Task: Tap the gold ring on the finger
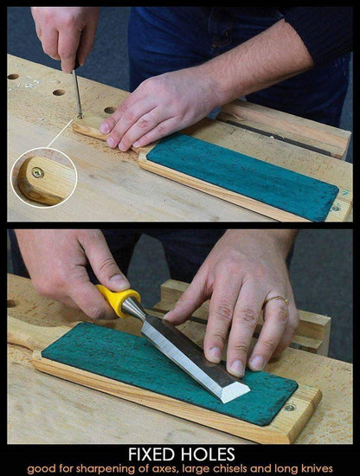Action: coord(278,299)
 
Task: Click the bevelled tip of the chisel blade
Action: coord(235,391)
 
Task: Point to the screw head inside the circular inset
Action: coord(38,173)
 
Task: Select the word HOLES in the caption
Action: coord(208,454)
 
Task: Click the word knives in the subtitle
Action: coord(318,468)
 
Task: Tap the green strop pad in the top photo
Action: coord(242,176)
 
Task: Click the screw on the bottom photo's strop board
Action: coord(290,408)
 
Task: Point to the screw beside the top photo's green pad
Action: coord(336,209)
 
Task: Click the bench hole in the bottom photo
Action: coord(11,303)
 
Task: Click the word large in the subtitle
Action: coord(198,469)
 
